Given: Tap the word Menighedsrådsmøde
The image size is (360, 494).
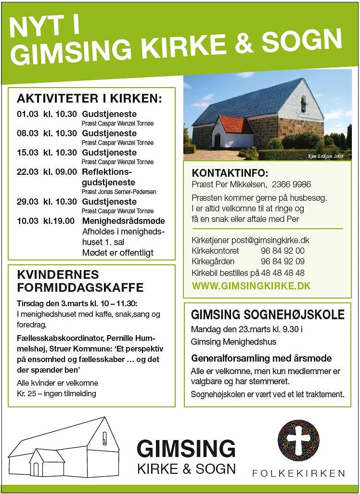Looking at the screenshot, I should click(123, 221).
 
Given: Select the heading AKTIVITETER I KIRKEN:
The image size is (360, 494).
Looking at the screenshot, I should click(90, 99).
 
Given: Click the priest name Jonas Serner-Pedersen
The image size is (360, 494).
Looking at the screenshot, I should click(118, 192).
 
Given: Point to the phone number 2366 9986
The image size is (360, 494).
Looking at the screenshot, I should click(291, 184).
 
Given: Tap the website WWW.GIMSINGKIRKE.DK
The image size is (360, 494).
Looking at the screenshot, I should click(251, 286).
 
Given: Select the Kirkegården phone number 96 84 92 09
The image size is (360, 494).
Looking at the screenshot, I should click(283, 261).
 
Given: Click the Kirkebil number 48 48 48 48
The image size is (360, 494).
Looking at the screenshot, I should click(283, 273).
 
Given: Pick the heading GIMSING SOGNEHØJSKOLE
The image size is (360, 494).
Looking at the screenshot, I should click(268, 315).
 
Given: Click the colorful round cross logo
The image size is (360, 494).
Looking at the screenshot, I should click(298, 441).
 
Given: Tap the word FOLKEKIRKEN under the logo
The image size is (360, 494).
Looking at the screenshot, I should click(298, 473).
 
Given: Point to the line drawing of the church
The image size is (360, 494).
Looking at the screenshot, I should click(64, 447).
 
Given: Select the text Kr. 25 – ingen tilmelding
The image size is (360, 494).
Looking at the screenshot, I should click(56, 393).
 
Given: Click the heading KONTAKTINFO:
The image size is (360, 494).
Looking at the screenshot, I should click(230, 173).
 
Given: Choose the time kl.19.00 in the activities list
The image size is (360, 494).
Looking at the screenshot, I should click(59, 221).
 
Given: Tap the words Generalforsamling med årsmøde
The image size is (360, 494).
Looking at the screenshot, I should click(261, 358).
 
